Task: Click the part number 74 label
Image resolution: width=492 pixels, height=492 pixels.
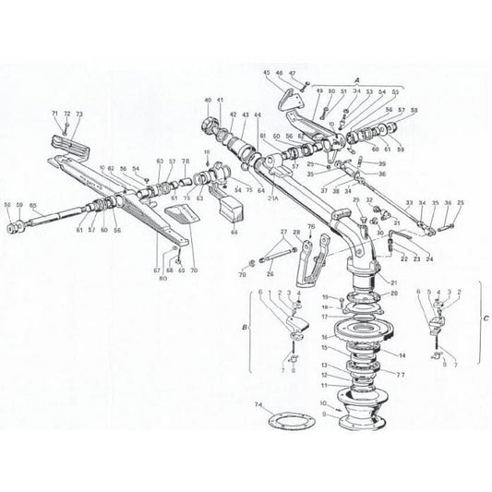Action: (x=259, y=405)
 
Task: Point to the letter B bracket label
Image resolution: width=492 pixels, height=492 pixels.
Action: (x=245, y=327)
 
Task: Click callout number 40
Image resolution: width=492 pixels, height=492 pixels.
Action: (x=209, y=100)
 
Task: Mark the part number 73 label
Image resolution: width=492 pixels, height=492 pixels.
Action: (x=79, y=114)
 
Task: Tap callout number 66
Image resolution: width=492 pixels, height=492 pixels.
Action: (x=234, y=234)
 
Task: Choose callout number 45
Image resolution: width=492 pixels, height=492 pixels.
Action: (x=267, y=72)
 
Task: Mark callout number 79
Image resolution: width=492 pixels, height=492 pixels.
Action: (x=242, y=274)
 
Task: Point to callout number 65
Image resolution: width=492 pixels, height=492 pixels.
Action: (x=33, y=205)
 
